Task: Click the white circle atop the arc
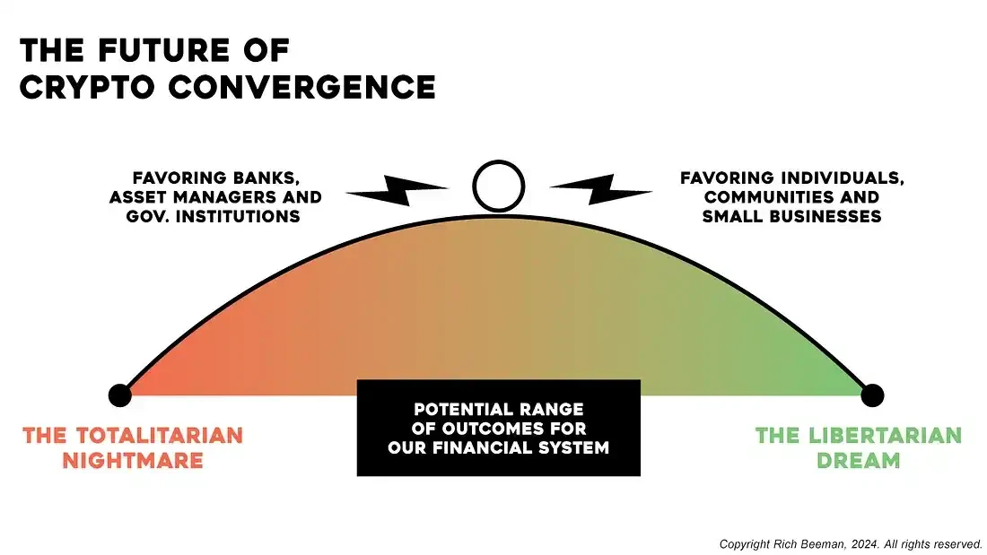498,186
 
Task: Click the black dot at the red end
119,395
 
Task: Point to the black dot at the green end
872,395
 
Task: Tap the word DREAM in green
859,461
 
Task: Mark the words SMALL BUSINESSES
793,216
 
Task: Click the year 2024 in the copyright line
867,544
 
